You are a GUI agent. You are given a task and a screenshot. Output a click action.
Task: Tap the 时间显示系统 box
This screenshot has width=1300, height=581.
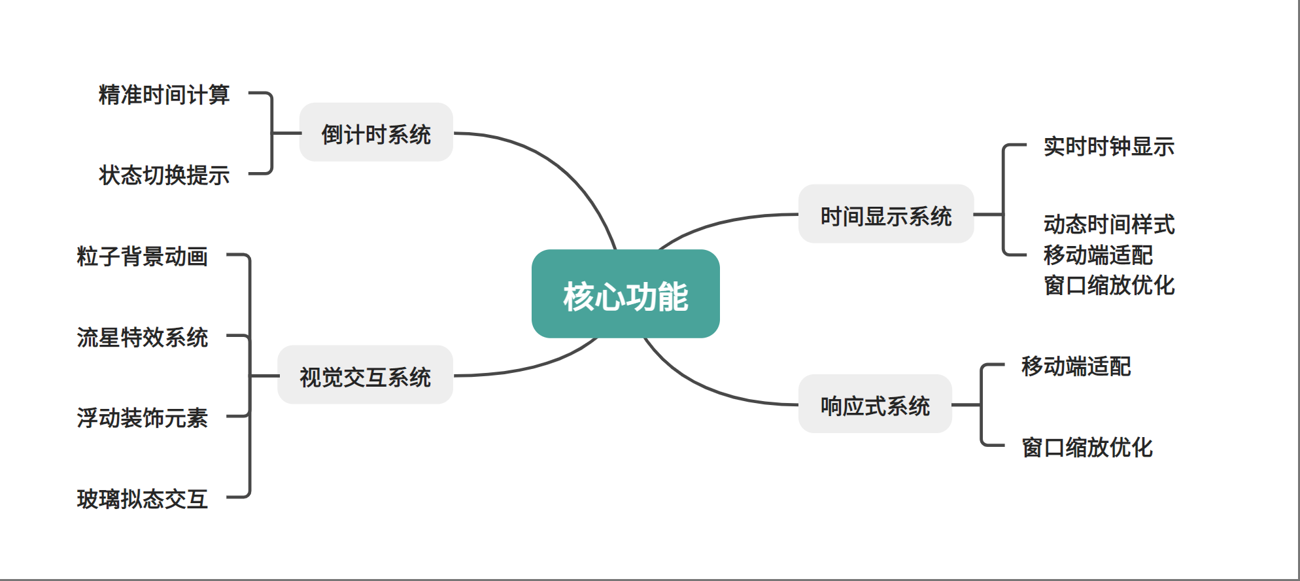(x=885, y=215)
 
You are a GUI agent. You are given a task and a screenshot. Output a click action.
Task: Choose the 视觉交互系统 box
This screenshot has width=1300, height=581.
(x=365, y=376)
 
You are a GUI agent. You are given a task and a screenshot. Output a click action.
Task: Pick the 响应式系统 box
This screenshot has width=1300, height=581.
(x=875, y=404)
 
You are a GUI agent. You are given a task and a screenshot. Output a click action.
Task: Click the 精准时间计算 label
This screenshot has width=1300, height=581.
(x=164, y=95)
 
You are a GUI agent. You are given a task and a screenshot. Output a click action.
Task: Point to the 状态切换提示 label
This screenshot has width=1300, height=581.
(x=164, y=175)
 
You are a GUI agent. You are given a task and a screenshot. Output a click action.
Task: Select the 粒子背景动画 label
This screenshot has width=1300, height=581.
(x=142, y=256)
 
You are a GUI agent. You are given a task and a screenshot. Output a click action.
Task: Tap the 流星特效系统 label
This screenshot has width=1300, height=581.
(x=142, y=338)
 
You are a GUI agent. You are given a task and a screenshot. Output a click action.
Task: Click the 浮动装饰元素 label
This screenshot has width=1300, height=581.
(x=142, y=418)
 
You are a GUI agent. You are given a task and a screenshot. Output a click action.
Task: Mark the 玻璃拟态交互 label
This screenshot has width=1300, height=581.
(x=142, y=499)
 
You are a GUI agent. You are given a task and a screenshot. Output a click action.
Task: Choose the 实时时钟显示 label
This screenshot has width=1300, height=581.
(x=1108, y=147)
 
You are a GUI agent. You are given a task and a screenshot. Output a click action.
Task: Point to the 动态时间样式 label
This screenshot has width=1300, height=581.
(x=1108, y=224)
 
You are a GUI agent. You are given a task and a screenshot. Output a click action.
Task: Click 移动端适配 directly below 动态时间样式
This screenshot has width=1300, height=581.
(x=1098, y=255)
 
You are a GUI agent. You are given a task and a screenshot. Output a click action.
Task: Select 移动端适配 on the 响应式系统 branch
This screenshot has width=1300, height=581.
(x=1076, y=366)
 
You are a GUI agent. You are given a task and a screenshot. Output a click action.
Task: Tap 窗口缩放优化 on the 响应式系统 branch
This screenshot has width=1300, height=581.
(x=1087, y=448)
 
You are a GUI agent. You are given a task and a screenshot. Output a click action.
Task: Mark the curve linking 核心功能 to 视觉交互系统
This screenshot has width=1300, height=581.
(x=536, y=366)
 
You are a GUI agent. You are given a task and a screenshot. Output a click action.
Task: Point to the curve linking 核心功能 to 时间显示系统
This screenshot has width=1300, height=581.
(x=719, y=222)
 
